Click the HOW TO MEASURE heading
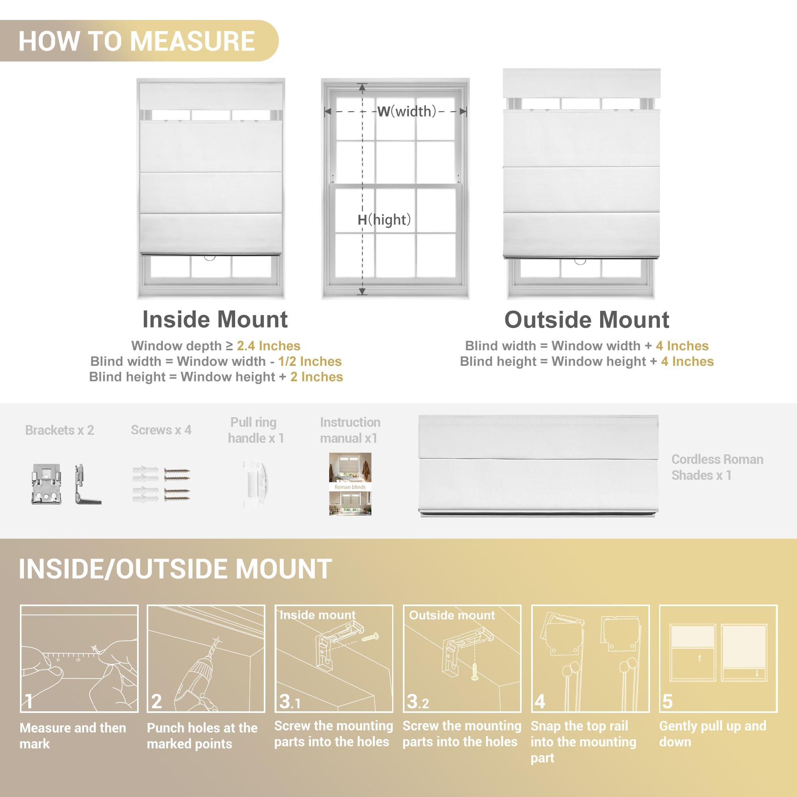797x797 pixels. [137, 41]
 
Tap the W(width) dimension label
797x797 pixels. [407, 112]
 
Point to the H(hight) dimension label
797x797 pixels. [384, 220]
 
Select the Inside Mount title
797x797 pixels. [215, 319]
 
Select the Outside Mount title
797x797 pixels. [587, 320]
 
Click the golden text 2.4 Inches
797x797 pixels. [269, 345]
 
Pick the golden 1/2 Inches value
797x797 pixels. [310, 361]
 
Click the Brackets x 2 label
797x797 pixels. [60, 430]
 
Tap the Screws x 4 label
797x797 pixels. [161, 430]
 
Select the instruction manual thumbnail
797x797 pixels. [350, 484]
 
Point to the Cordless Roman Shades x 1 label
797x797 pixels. [717, 467]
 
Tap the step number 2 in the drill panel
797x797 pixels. [156, 701]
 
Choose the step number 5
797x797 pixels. [667, 702]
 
